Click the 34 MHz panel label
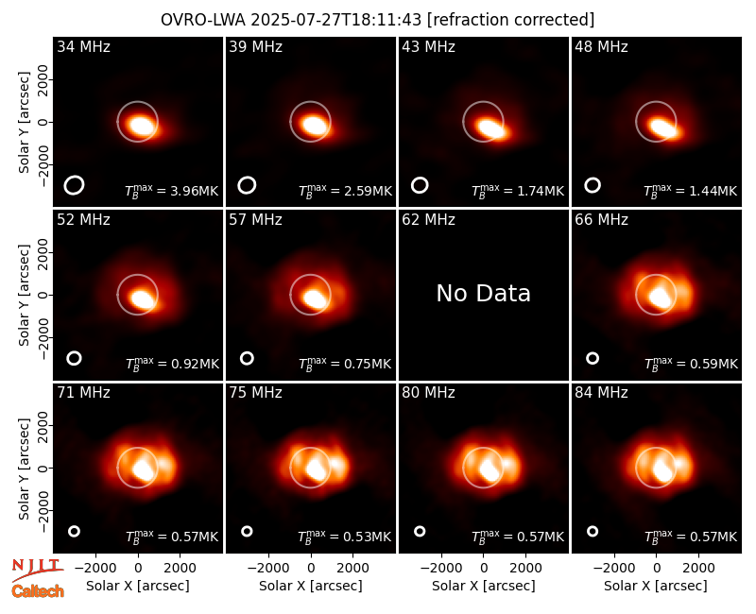[83, 46]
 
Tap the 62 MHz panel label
[429, 220]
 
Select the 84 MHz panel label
[601, 393]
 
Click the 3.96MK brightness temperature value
[172, 191]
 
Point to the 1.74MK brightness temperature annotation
[517, 191]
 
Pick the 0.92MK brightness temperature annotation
[172, 364]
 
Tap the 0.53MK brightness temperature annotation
[344, 537]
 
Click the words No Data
[483, 294]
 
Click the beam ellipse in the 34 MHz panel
[74, 185]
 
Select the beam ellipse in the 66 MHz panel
[593, 358]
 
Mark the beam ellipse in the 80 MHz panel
[420, 531]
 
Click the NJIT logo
[37, 571]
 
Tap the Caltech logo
[38, 591]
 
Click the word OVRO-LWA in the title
[202, 20]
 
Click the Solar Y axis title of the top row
[24, 123]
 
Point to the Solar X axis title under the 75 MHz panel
[311, 586]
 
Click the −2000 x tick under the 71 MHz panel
[95, 569]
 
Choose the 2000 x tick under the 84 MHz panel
[698, 569]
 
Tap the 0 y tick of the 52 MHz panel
[43, 295]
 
